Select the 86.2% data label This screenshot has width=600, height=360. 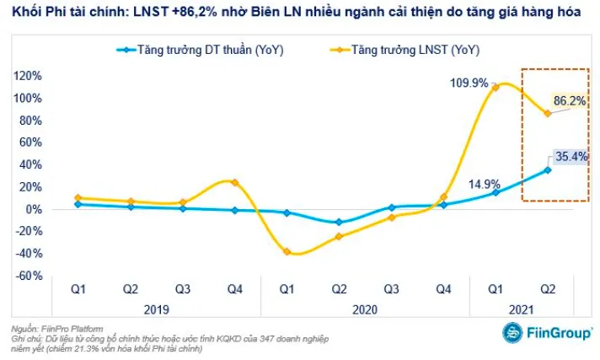(x=569, y=100)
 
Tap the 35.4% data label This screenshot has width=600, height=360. (x=570, y=155)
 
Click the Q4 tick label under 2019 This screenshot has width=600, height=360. (x=235, y=290)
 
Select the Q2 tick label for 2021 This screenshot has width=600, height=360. (x=548, y=290)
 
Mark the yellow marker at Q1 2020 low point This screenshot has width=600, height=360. (x=287, y=251)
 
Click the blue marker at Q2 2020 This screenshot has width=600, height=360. (x=340, y=223)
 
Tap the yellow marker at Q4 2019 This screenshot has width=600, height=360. (x=235, y=182)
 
